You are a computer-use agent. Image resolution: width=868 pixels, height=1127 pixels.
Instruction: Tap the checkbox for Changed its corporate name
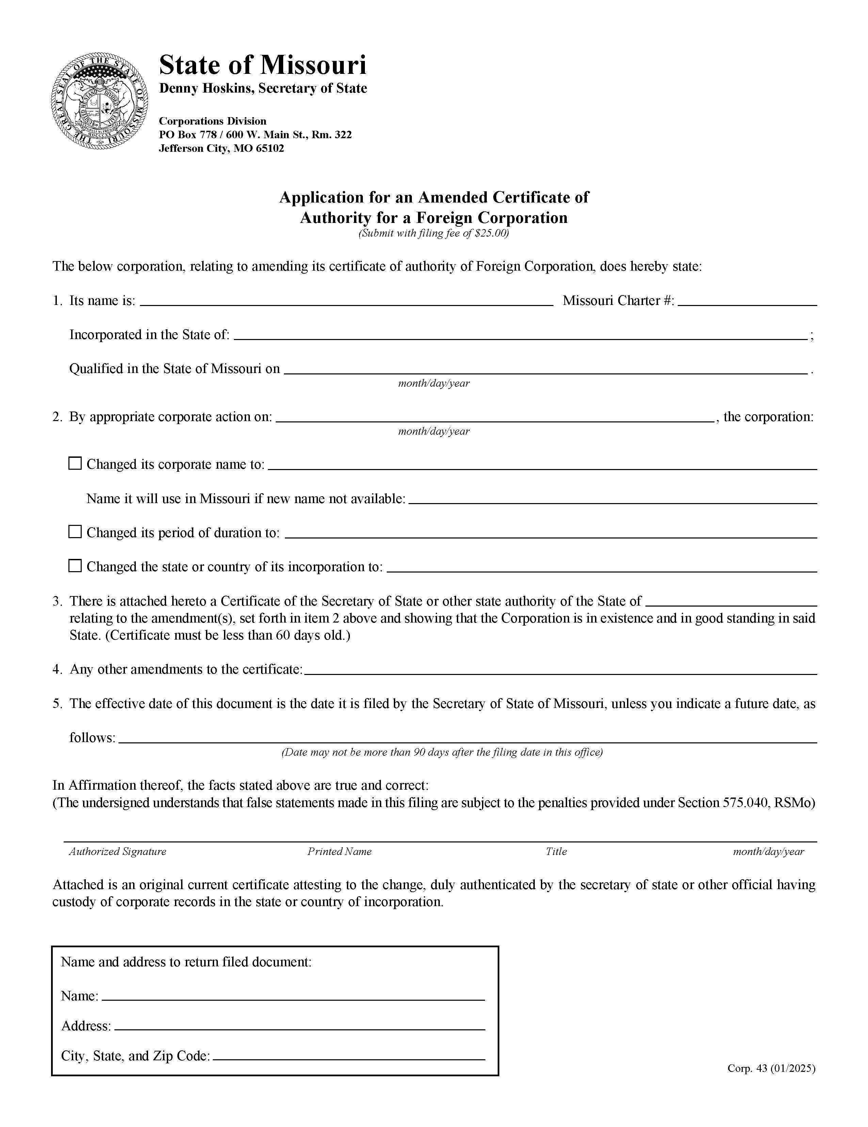[x=75, y=463]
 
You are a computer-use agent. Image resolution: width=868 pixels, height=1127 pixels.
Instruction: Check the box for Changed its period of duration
[x=75, y=532]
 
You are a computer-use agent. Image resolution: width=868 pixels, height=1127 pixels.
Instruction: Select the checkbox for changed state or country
[x=75, y=566]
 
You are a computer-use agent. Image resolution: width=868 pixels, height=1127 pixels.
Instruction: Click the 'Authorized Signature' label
[x=118, y=851]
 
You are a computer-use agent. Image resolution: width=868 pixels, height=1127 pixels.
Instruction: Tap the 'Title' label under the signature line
[x=556, y=851]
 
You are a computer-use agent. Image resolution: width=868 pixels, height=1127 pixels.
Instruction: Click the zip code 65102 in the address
[x=270, y=149]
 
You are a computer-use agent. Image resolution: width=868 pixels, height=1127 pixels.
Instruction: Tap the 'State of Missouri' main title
[x=263, y=66]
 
